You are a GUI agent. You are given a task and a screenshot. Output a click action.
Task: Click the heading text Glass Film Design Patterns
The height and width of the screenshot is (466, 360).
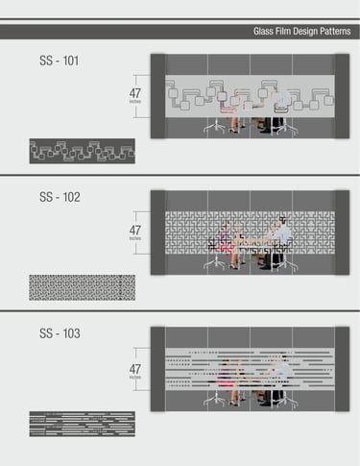301,32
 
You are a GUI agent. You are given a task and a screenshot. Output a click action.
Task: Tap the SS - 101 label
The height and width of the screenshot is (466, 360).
59,61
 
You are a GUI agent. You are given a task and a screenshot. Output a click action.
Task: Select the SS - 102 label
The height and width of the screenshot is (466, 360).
60,197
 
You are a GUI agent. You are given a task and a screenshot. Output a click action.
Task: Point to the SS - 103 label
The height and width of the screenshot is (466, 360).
60,333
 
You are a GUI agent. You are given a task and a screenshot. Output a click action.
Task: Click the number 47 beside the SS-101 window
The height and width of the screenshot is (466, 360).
135,93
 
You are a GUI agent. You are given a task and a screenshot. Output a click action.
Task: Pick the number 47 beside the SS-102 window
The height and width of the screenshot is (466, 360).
135,231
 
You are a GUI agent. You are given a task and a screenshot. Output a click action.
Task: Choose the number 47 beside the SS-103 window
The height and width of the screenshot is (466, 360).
135,369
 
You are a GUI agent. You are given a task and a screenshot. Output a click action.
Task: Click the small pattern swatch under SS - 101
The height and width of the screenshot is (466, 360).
83,151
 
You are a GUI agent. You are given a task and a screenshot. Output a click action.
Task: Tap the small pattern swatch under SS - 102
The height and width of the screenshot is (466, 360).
83,287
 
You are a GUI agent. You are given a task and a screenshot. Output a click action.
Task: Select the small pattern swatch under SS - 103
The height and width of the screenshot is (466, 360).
83,424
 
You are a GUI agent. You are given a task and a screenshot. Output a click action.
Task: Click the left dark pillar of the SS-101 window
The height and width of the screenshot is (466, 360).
157,96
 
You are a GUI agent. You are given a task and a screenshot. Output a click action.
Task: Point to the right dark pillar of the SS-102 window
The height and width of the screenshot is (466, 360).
342,233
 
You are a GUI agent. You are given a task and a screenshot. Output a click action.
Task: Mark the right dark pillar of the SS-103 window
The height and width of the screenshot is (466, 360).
342,369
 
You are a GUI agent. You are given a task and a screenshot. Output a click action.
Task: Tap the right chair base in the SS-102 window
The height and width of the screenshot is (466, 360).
286,263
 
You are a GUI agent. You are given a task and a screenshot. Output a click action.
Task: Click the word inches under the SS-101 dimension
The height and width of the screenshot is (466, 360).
135,102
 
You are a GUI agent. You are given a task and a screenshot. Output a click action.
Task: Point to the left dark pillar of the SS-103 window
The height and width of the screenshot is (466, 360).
157,369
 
